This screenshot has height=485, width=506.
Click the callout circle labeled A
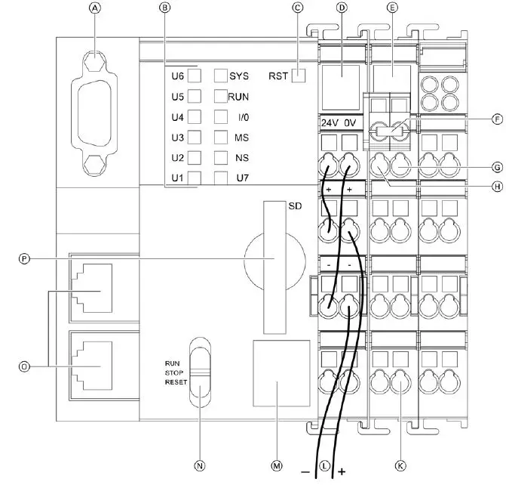pos(94,8)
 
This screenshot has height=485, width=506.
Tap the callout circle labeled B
pos(164,8)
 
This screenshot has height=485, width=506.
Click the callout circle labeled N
pos(200,465)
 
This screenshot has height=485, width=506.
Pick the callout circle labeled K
pos(400,465)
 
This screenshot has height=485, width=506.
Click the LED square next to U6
pos(194,76)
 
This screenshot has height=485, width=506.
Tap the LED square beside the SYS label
pos(221,76)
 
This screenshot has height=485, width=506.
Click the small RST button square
pos(299,76)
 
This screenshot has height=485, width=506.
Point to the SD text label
pos(295,206)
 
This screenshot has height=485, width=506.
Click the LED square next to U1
pos(194,178)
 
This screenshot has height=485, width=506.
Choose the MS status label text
pos(241,137)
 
